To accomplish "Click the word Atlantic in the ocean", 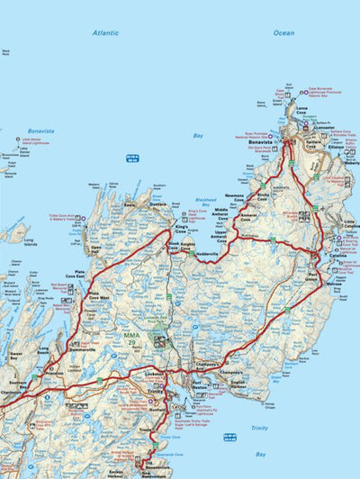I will (x=104, y=32).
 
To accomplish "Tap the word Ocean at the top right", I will (x=283, y=32).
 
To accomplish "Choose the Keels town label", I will (x=130, y=204).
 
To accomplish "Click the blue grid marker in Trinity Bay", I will (x=229, y=437).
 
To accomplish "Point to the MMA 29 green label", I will (x=131, y=336).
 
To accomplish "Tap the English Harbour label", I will (x=238, y=384).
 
